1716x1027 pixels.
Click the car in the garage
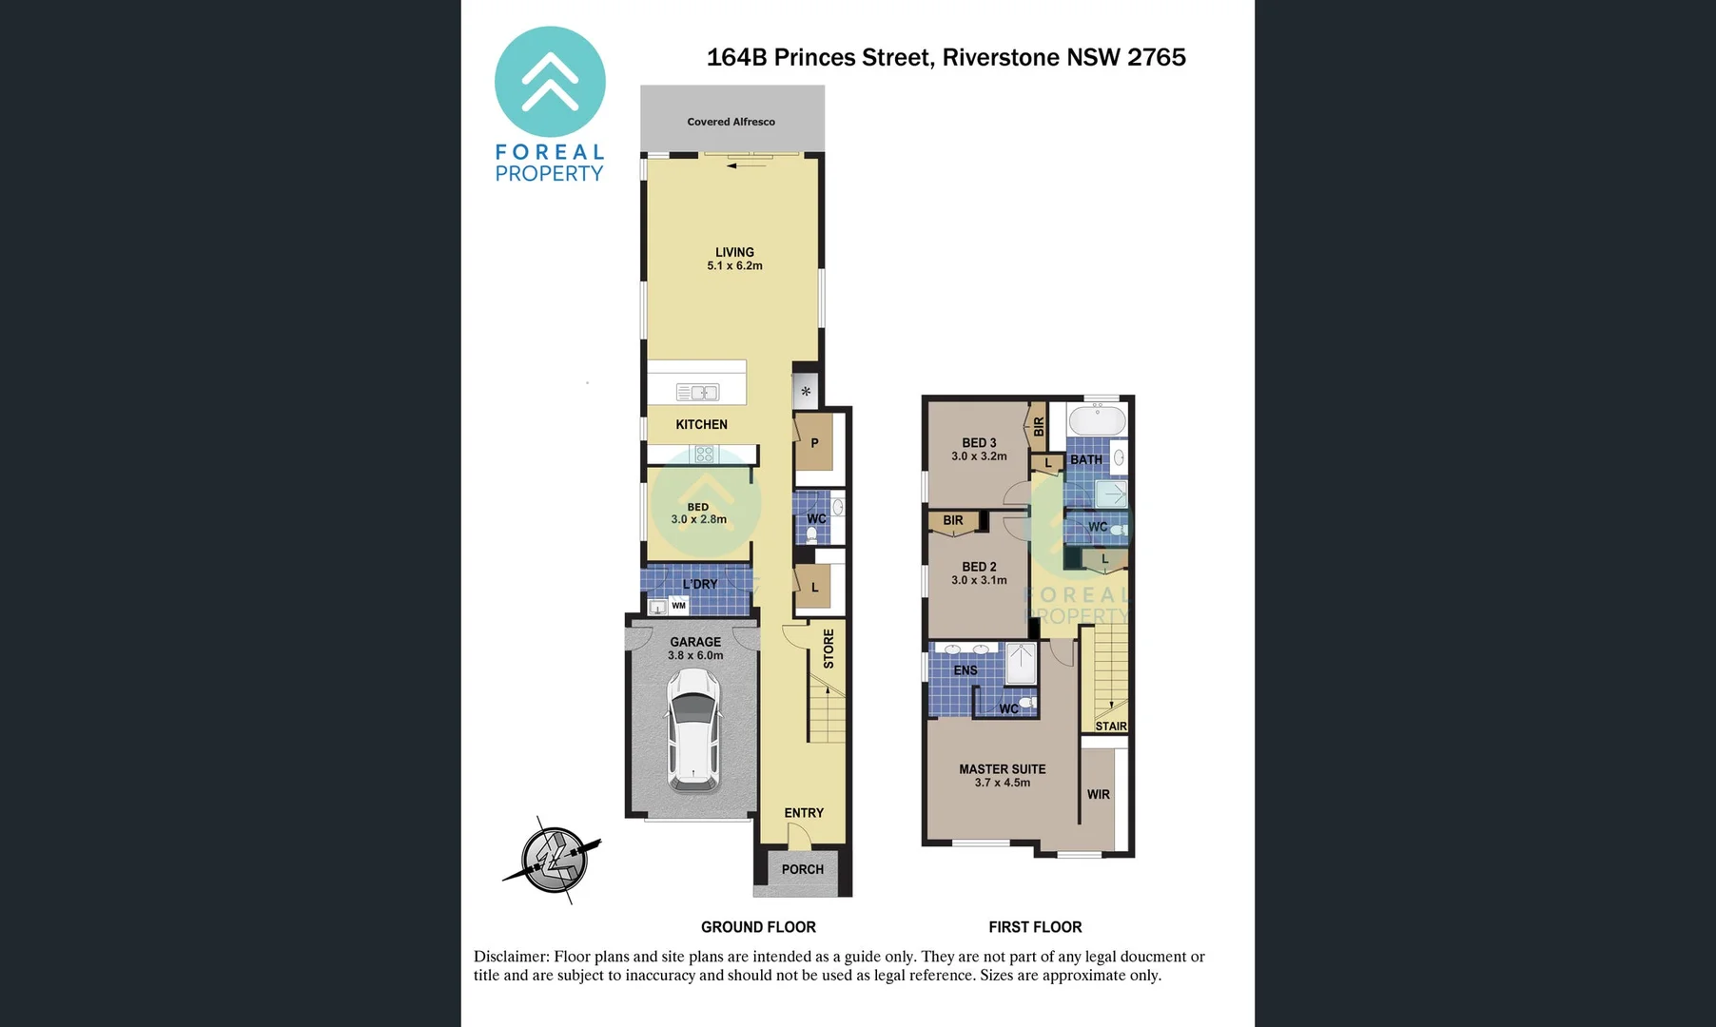coord(693,730)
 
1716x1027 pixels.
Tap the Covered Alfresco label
coord(731,122)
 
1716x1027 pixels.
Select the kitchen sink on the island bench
coord(697,392)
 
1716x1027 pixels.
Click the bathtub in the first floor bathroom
coord(1097,419)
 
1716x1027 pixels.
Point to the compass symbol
coord(554,860)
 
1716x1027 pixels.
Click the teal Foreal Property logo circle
coord(550,82)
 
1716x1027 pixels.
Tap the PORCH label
coord(803,869)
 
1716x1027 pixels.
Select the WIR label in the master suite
coord(1099,795)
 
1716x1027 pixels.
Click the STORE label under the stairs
coord(829,649)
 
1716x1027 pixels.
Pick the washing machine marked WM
coord(678,606)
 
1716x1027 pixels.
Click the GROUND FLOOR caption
coord(758,927)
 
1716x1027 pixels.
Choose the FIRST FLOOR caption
coord(1035,927)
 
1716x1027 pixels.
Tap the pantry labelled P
coord(814,443)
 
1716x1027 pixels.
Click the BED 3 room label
coord(979,443)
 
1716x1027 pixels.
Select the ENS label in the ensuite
coord(965,670)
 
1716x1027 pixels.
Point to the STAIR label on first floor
coord(1111,727)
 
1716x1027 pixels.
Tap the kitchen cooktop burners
coord(704,454)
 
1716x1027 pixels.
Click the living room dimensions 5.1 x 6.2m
coord(734,266)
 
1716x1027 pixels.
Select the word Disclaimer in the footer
coord(511,957)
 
